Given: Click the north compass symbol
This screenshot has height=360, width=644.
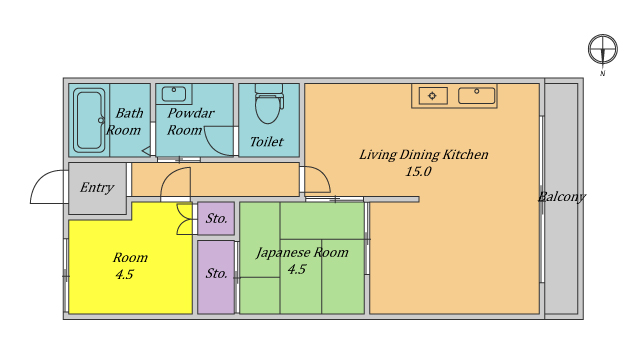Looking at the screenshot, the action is [603, 49].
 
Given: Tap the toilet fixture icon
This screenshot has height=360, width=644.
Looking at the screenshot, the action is [269, 103].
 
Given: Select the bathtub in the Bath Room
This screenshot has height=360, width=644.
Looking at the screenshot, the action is [89, 120].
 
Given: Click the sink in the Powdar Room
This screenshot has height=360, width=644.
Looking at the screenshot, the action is [174, 94].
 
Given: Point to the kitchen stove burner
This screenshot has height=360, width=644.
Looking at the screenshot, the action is [432, 96].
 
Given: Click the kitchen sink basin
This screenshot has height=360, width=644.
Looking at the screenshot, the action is [476, 96].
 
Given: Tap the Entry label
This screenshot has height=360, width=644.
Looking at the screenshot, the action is [97, 188].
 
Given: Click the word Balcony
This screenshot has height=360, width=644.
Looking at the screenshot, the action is [561, 197].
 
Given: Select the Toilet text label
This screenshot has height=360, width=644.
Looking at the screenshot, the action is [267, 142].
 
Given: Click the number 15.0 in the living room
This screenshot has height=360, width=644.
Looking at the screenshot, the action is [418, 171].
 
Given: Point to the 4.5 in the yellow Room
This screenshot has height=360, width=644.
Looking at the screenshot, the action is [124, 274].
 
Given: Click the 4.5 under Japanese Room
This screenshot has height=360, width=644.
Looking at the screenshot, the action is [297, 269].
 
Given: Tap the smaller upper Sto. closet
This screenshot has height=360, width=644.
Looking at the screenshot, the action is [216, 218].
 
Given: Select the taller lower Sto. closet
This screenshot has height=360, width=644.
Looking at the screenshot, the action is [216, 277].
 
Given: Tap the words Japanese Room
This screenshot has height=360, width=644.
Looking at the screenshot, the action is [302, 252].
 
